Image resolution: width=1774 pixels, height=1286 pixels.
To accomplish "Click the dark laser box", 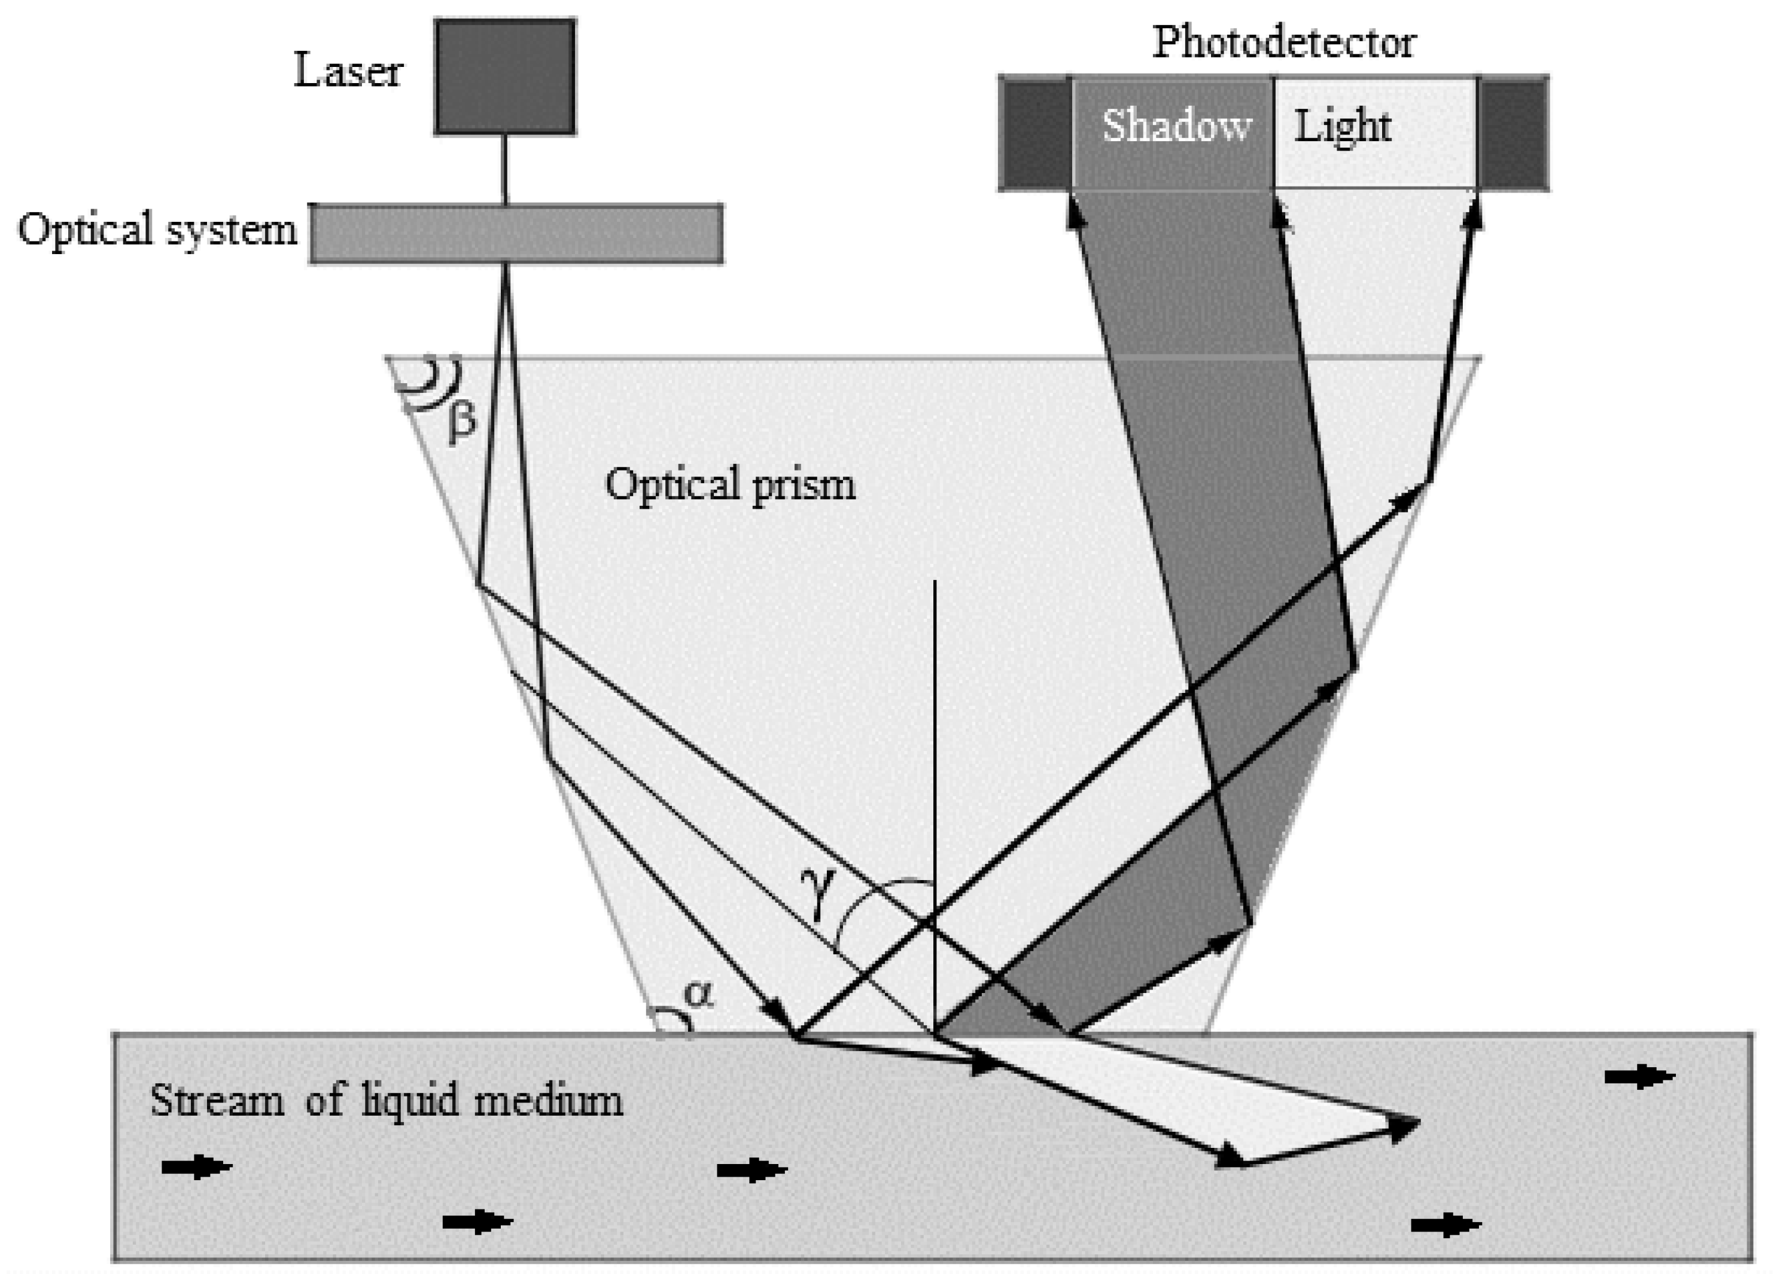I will (504, 77).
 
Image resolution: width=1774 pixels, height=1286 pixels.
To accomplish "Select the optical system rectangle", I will (516, 234).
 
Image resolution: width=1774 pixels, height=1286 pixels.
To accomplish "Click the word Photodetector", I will (1283, 42).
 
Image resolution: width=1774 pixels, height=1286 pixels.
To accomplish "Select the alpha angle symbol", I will (698, 995).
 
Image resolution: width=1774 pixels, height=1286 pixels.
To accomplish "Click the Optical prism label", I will (730, 485).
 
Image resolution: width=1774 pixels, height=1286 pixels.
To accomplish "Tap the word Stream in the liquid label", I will (217, 1101).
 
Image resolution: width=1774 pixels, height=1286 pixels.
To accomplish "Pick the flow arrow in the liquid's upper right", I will (1639, 1077).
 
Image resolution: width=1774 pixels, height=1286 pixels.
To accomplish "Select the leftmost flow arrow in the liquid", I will (196, 1167).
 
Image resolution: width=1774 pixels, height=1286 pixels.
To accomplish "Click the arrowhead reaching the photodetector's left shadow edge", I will (1076, 213).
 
